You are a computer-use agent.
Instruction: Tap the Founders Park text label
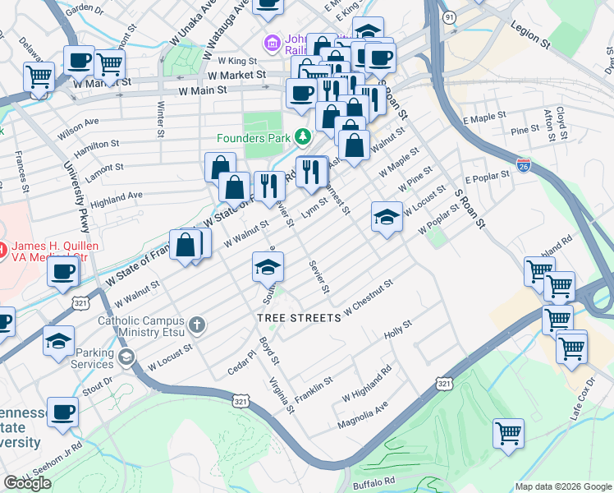click(x=254, y=137)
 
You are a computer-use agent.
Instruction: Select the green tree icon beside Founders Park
click(x=304, y=136)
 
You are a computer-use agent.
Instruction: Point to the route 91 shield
click(x=470, y=17)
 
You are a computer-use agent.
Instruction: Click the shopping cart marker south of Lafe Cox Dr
click(x=508, y=432)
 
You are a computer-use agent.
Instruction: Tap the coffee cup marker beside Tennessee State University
click(x=62, y=412)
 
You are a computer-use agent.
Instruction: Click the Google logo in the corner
click(x=27, y=483)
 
